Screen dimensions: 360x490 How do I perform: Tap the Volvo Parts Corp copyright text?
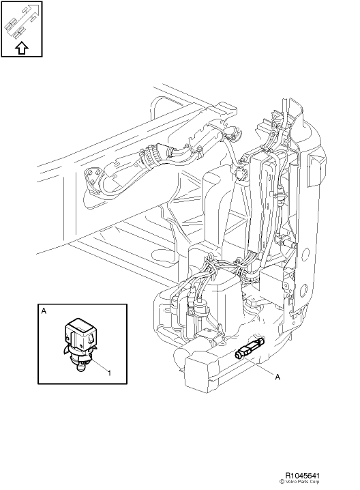click(299, 482)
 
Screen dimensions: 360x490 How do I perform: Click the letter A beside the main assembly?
click(277, 377)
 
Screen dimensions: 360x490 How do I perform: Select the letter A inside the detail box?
click(44, 311)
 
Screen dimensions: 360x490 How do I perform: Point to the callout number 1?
click(109, 373)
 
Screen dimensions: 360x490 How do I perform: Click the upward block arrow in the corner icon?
click(22, 48)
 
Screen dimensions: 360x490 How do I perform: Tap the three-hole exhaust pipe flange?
click(93, 179)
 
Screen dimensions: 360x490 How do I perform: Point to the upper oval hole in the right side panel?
click(305, 253)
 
